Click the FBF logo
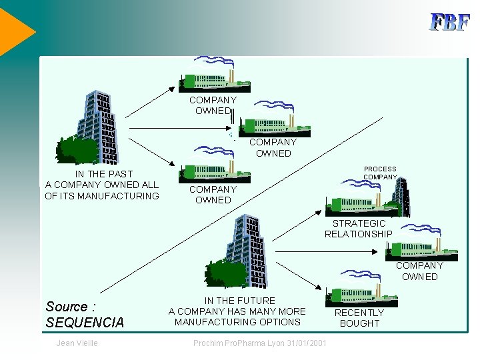click(450, 22)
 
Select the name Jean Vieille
click(77, 343)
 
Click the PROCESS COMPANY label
click(380, 173)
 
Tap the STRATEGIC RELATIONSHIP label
click(359, 229)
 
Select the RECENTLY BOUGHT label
click(359, 318)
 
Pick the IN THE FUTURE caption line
click(239, 301)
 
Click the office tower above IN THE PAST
click(97, 127)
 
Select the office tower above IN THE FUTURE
click(247, 250)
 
